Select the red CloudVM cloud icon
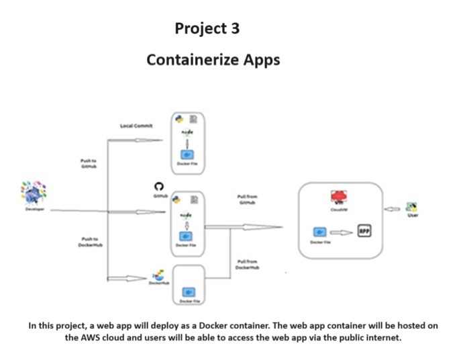(339, 196)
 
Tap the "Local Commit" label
(136, 126)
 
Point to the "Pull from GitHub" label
(248, 199)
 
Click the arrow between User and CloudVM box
(393, 208)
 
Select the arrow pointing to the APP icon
(342, 232)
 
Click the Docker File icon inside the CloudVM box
(320, 232)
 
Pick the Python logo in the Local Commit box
(179, 119)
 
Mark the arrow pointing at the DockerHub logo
(127, 278)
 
